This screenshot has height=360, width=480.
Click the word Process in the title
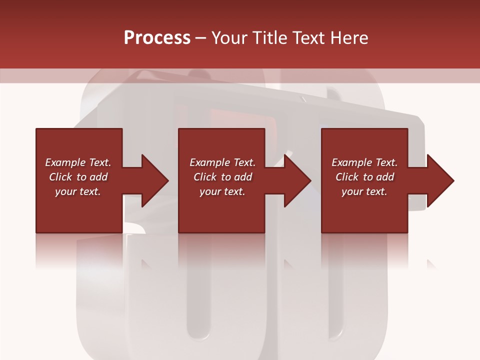(x=157, y=38)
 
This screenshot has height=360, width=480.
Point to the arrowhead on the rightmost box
(x=439, y=180)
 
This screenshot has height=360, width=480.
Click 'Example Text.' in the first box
(x=78, y=162)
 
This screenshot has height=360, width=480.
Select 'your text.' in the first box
(x=78, y=191)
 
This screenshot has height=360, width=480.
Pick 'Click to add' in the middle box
(x=222, y=177)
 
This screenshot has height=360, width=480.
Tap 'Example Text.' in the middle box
(x=222, y=162)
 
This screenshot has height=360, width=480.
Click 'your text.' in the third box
(x=364, y=191)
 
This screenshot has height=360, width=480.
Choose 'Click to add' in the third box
(x=364, y=177)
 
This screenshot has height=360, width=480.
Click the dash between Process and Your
(x=201, y=38)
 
